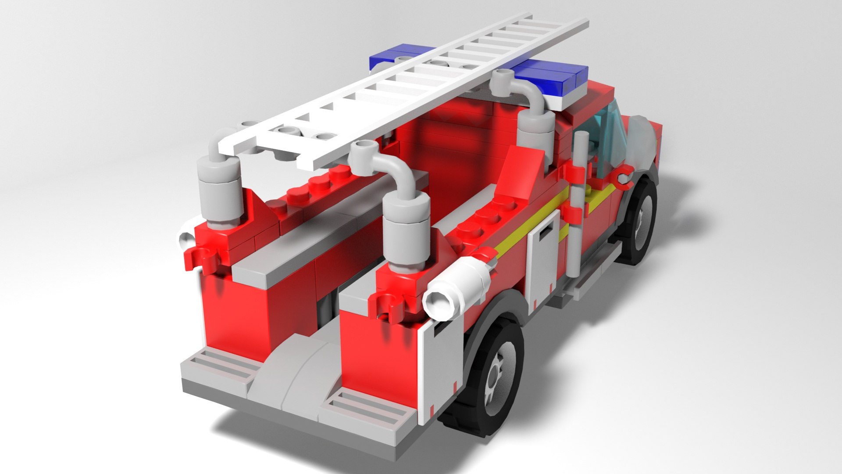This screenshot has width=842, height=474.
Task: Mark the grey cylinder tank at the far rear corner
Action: tap(219, 189)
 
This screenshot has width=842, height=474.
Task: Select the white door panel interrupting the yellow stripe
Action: tap(543, 259)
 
